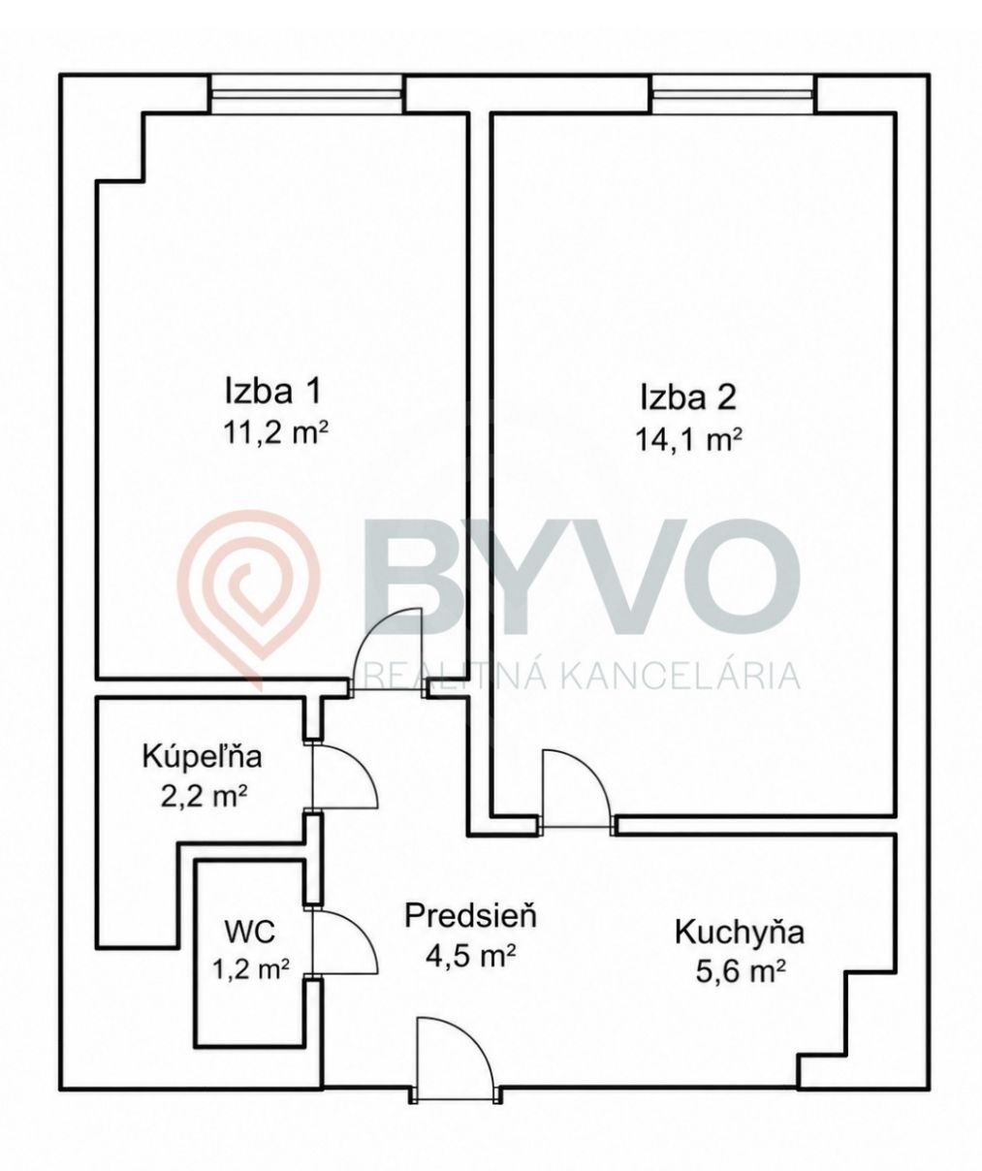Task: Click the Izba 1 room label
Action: pos(272,391)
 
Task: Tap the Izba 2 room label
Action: pos(687,398)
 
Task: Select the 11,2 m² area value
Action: pos(275,433)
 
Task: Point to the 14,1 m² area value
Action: pos(688,440)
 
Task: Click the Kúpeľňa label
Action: pos(202,756)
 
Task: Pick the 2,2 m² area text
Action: pos(205,797)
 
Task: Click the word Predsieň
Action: pos(470,917)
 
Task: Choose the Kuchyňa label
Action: pos(739,934)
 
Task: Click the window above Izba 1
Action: pos(306,95)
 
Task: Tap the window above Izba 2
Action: pos(733,95)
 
